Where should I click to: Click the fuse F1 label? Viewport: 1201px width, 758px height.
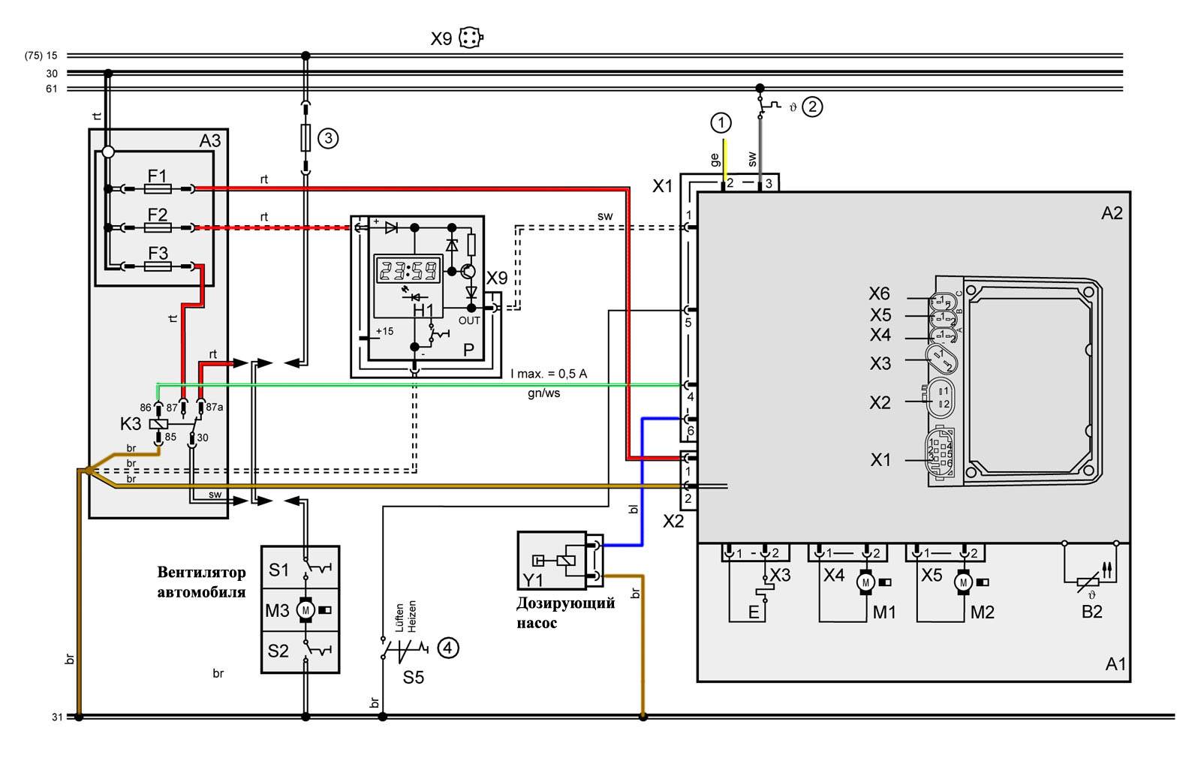[x=157, y=176]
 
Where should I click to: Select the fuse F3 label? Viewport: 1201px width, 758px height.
[x=158, y=253]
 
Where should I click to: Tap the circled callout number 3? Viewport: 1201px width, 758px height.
[x=328, y=138]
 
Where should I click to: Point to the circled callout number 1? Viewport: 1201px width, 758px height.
[x=721, y=122]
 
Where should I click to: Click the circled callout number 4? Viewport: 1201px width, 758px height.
[x=447, y=647]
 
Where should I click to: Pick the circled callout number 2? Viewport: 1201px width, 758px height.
[x=812, y=107]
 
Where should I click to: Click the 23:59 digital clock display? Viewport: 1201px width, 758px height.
[x=408, y=271]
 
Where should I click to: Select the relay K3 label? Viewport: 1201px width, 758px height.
[x=131, y=424]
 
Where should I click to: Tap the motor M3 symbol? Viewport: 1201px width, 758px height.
[x=306, y=610]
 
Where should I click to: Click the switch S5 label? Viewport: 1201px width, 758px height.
[x=413, y=678]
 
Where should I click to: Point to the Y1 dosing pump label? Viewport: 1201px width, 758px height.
[x=532, y=579]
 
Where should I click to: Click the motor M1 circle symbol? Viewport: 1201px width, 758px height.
[x=865, y=582]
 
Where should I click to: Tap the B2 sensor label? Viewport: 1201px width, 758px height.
[x=1091, y=612]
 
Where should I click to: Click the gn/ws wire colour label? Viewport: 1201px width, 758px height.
[x=543, y=393]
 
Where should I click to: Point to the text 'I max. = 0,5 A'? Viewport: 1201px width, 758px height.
[x=549, y=374]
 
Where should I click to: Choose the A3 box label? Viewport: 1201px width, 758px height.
[x=210, y=141]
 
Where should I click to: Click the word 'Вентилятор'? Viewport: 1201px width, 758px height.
[x=201, y=573]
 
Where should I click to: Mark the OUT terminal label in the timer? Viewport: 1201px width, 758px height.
[x=469, y=320]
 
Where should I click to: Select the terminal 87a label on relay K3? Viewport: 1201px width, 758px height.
[x=214, y=407]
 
